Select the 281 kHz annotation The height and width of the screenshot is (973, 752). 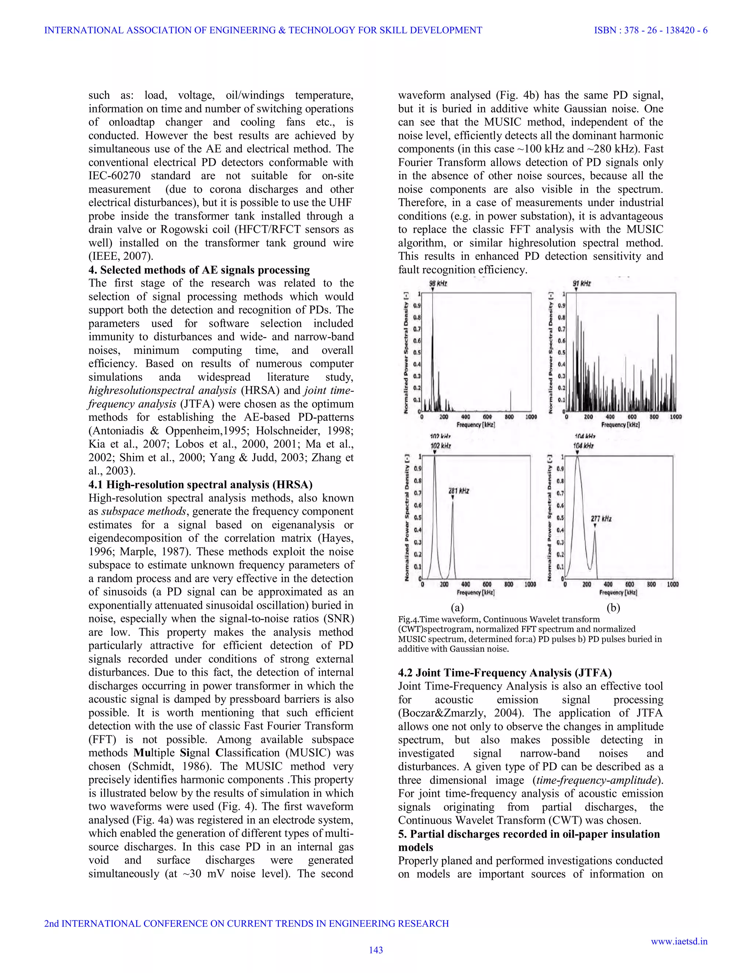(x=458, y=491)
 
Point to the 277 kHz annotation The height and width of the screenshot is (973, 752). (x=601, y=518)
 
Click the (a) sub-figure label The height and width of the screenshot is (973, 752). (x=457, y=608)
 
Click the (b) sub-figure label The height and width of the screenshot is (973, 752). (x=614, y=608)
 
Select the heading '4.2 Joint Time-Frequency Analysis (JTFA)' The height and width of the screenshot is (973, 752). (x=505, y=673)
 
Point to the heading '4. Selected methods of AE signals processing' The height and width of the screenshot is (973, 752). (x=199, y=270)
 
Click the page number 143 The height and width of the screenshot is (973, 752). (x=376, y=950)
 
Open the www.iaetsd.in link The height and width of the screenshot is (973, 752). (x=679, y=941)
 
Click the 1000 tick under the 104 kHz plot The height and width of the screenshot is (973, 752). (x=672, y=584)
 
